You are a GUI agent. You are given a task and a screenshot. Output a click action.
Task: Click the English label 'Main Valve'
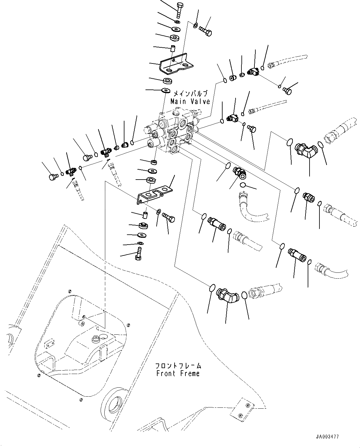click(190, 101)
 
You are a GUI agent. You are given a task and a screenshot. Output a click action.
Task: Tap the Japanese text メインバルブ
click(190, 94)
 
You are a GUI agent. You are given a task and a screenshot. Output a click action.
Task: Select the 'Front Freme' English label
click(178, 373)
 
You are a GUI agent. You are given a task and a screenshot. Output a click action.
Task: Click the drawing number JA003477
click(327, 437)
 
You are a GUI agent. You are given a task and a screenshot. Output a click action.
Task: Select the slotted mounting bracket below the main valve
click(153, 194)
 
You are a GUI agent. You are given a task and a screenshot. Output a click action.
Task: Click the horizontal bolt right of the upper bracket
click(205, 30)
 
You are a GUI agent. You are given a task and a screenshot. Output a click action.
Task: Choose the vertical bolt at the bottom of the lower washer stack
click(139, 253)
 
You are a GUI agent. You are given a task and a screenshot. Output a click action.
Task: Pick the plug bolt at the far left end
click(53, 177)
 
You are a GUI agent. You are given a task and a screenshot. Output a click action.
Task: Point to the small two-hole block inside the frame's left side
click(49, 344)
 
